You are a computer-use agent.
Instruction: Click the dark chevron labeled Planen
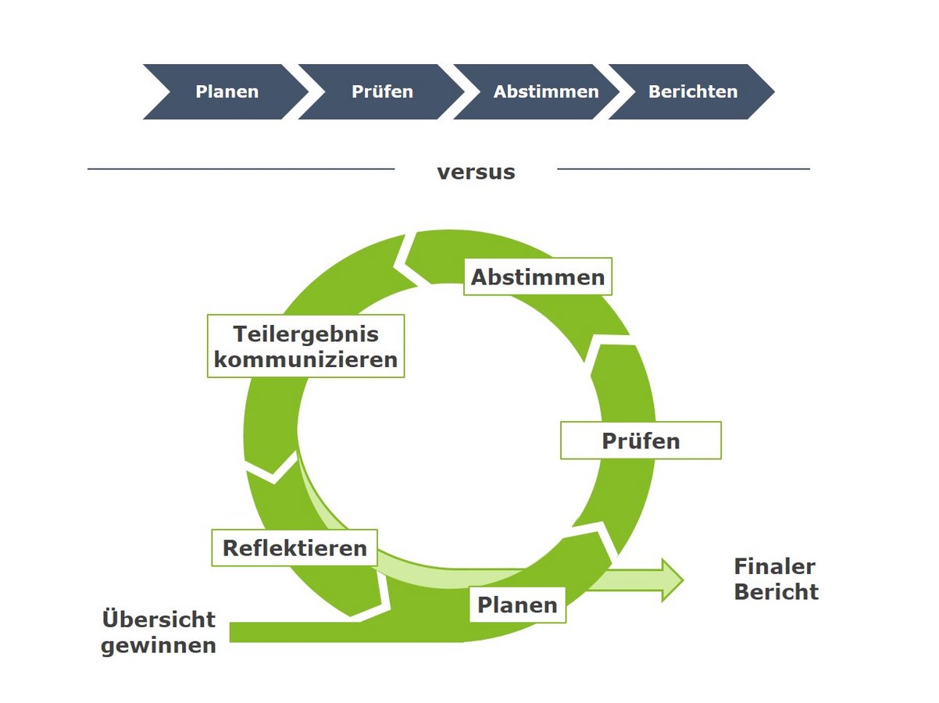226,92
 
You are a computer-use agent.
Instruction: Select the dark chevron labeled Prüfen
382,92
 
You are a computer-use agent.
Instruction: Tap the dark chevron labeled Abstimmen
545,92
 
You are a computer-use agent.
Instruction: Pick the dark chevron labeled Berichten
692,92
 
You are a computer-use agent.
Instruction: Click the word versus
476,172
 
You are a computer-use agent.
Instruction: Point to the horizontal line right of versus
684,169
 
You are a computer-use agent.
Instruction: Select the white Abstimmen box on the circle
537,277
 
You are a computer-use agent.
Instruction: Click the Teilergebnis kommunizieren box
306,347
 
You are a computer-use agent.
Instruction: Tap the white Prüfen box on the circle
641,441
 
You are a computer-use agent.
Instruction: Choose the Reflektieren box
295,548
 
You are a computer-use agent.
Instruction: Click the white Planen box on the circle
517,605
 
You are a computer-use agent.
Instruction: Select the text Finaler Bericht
776,579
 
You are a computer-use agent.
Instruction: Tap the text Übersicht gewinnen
159,633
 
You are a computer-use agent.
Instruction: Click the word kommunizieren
306,360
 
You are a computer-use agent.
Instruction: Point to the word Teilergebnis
305,334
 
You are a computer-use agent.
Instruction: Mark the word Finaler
774,566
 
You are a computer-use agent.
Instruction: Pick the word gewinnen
159,646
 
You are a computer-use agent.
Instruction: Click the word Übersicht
159,619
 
